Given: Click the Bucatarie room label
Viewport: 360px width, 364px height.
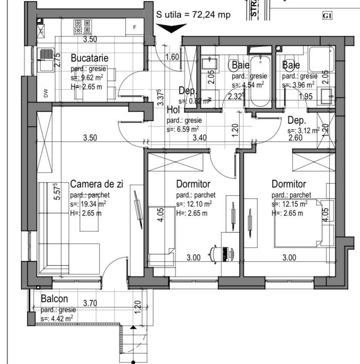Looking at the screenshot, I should point(89,58).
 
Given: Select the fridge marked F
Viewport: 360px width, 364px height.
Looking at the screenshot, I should point(135,27).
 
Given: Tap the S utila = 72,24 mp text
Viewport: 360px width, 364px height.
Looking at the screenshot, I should point(193,14).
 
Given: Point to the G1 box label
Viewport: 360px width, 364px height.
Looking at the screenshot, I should point(327,16).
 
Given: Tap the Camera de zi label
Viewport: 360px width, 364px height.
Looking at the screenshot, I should point(97,184).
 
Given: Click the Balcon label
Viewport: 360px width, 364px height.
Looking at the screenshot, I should point(54,299).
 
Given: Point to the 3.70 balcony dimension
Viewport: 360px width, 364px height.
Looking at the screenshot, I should point(90,303).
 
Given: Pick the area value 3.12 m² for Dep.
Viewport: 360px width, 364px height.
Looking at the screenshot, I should point(304,130).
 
